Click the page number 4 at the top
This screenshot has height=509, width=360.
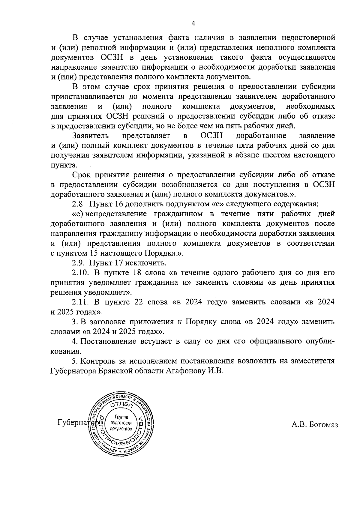(193, 24)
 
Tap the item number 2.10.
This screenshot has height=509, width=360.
(81, 273)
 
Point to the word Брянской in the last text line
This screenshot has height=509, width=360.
(116, 370)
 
